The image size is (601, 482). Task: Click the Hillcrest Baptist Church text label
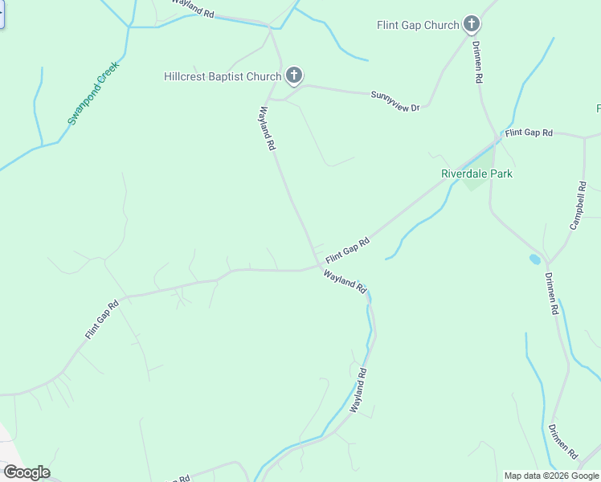[x=222, y=77]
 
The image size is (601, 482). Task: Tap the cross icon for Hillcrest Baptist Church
[x=294, y=77]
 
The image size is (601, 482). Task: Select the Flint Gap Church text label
[x=418, y=25]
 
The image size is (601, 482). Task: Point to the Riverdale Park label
[x=476, y=174]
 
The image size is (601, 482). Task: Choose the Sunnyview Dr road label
[x=395, y=100]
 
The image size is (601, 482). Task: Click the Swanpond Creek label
[x=93, y=93]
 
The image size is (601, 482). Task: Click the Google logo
[x=27, y=472]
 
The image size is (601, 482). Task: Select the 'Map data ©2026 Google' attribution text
[x=552, y=476]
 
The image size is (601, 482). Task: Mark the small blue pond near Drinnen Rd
[x=535, y=259]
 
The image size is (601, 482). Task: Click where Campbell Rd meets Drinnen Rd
[x=548, y=263]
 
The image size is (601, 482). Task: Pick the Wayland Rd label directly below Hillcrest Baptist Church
[x=268, y=129]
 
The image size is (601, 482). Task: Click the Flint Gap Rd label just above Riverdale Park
[x=529, y=132]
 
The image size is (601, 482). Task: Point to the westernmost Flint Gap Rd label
[x=103, y=318]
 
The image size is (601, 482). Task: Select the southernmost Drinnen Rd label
[x=562, y=443]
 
